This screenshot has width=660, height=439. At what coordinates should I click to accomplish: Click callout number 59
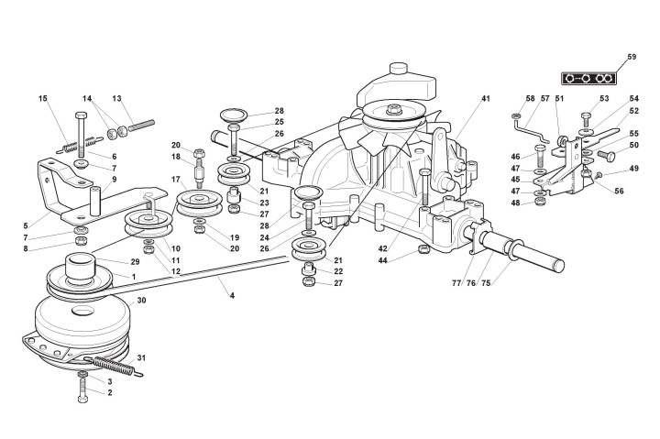point(631,58)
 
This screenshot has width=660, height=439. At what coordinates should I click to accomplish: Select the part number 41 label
point(485,98)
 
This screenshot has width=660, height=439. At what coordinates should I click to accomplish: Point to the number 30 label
point(141,301)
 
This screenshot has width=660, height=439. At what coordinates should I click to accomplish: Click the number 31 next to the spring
point(141,357)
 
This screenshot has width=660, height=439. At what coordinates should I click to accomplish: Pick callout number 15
point(42,98)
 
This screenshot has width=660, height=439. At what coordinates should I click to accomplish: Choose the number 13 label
point(116,98)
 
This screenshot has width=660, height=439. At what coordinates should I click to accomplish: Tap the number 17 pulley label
point(175,180)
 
